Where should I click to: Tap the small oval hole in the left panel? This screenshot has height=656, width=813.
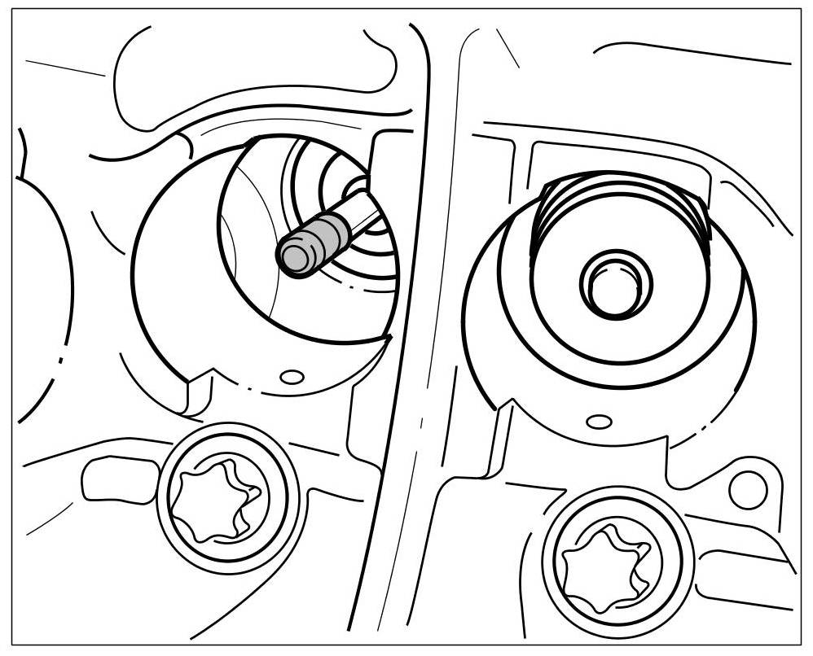292,376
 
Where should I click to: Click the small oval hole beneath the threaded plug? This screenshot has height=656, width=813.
599,421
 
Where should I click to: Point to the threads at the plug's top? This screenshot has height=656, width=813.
623,195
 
